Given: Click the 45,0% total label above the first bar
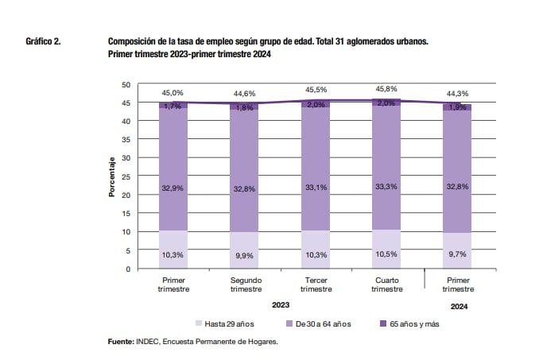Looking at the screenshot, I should (174, 92).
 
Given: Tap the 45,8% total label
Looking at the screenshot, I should (386, 89).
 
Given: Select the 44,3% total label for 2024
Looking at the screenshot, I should (457, 94).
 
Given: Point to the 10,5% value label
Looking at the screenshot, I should (386, 254).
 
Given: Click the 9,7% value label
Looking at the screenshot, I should (457, 254).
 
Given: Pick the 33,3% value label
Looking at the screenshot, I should (386, 188).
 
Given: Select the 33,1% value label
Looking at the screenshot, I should (316, 188).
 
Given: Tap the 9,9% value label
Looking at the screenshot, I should (245, 254).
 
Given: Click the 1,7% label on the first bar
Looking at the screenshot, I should (174, 106).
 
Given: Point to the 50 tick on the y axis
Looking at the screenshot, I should (126, 84).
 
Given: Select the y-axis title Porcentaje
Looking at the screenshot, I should (112, 176).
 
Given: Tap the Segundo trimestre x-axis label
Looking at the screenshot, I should (245, 285).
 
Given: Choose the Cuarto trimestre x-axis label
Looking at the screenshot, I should (386, 285).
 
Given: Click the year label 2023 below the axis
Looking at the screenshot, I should (280, 304).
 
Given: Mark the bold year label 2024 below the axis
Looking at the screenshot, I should (458, 304).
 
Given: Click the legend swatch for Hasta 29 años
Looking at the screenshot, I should (198, 323).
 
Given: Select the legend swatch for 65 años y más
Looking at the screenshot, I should (382, 323).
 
